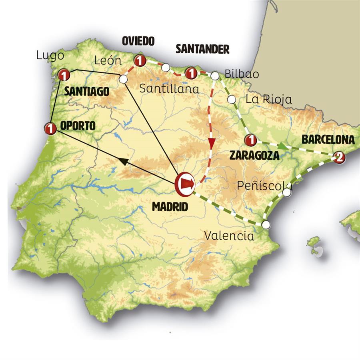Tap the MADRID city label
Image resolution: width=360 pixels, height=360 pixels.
tap(170, 207)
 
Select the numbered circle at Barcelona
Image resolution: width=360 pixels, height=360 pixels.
tap(338, 156)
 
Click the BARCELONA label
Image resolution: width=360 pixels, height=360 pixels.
tap(328, 140)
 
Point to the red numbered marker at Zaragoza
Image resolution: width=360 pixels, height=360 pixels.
tap(250, 140)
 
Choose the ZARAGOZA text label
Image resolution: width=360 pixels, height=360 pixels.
tap(254, 156)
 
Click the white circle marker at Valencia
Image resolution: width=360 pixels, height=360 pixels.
tap(266, 224)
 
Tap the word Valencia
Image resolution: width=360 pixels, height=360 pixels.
tap(229, 236)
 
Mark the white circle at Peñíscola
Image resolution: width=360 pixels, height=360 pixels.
tap(287, 192)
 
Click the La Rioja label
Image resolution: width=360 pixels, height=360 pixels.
tap(269, 99)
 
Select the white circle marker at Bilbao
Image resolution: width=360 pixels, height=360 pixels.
tap(215, 75)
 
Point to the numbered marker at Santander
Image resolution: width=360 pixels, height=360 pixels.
tap(191, 73)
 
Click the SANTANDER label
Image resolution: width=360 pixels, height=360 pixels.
tap(202, 49)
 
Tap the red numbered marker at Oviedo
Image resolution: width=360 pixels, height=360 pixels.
tap(140, 61)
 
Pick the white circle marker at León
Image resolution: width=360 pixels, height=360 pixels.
tap(123, 79)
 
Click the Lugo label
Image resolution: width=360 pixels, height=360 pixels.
tap(50, 55)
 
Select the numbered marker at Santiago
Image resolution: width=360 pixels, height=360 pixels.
tap(64, 75)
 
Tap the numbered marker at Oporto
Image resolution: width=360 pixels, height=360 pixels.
tap(50, 128)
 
